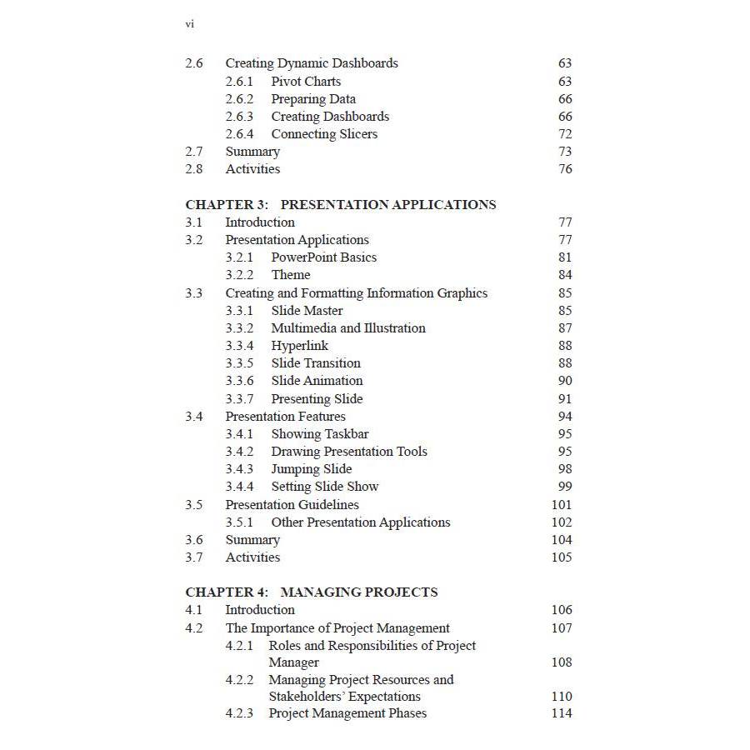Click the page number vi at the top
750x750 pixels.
[189, 24]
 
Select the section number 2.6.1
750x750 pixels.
[239, 82]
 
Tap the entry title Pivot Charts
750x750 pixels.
[306, 82]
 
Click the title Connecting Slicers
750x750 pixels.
[324, 134]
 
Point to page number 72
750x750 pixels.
[565, 134]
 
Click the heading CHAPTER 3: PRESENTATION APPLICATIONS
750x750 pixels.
[340, 205]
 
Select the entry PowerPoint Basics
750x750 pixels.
[323, 257]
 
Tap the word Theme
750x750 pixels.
[291, 275]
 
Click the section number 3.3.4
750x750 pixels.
[239, 346]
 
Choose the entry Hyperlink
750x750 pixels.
[299, 346]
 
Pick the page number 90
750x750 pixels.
[565, 381]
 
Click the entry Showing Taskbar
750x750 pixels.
[319, 434]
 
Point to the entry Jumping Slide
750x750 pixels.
[311, 469]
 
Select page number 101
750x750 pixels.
[562, 505]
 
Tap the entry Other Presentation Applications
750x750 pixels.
[360, 522]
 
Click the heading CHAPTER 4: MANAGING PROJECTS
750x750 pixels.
[311, 592]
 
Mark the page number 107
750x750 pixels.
[562, 628]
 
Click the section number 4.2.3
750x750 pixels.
[239, 713]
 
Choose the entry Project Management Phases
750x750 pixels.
[347, 713]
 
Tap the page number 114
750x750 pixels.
[562, 713]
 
